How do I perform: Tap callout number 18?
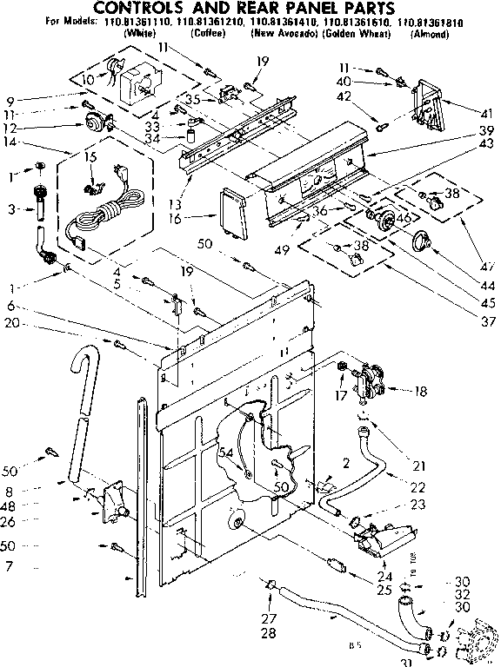(x=422, y=393)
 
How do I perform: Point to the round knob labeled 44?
(x=424, y=243)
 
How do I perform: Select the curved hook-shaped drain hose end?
(x=83, y=365)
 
